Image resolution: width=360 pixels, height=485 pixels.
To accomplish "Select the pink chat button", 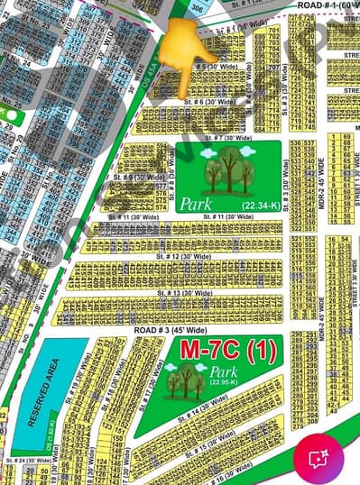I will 318,457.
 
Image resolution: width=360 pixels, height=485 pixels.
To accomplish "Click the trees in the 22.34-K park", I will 227,170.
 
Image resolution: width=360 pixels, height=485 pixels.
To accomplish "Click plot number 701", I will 273,31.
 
